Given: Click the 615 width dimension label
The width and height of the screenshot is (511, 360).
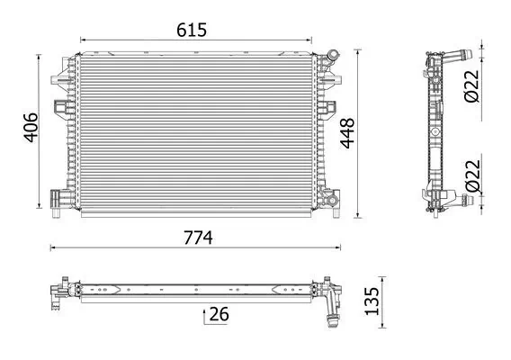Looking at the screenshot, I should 192,30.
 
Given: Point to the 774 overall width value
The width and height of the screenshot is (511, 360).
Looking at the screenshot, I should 197,238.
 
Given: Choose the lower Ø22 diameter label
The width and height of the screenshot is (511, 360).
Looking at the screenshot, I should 483,175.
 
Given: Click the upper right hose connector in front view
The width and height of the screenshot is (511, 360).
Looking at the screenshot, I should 334,58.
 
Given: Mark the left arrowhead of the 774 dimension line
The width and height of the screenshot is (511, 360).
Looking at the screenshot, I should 51,247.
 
